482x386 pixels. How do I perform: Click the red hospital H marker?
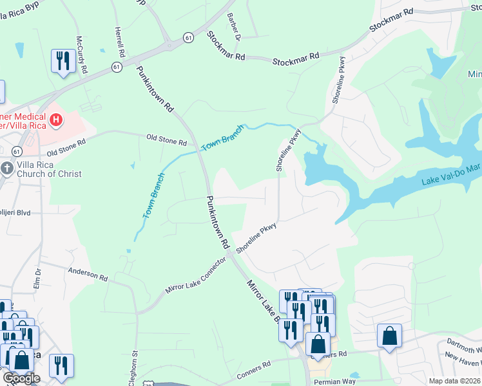tap(57, 119)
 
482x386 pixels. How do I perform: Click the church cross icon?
tap(7, 169)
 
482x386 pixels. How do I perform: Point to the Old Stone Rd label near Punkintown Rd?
tap(166, 138)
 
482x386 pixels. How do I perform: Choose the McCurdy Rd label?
tap(81, 54)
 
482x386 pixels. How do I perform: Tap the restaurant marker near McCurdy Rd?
tap(63, 61)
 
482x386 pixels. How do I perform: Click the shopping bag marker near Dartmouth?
tap(389, 336)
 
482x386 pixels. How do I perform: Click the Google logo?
tap(21, 379)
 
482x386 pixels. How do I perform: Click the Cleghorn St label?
tap(134, 367)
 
